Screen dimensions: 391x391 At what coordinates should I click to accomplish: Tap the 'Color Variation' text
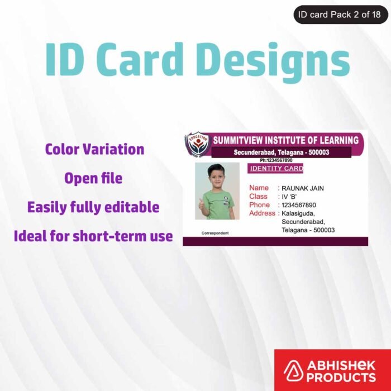pyautogui.click(x=94, y=149)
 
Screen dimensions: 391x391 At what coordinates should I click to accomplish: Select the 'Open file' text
pyautogui.click(x=93, y=178)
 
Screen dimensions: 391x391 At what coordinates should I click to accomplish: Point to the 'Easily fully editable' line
pyautogui.click(x=93, y=207)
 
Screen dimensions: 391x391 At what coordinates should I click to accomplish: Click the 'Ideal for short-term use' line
pyautogui.click(x=93, y=236)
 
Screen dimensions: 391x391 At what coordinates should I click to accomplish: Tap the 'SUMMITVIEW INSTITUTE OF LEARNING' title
pyautogui.click(x=285, y=140)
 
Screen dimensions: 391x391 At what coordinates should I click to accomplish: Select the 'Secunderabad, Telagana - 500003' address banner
pyautogui.click(x=282, y=152)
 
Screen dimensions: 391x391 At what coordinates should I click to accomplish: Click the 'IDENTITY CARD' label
pyautogui.click(x=276, y=169)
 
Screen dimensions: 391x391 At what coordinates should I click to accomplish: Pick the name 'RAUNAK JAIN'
pyautogui.click(x=302, y=188)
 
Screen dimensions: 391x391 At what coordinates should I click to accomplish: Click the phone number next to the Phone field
pyautogui.click(x=299, y=205)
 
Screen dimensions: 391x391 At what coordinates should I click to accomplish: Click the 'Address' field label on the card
pyautogui.click(x=262, y=213)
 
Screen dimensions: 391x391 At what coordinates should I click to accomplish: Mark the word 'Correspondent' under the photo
pyautogui.click(x=214, y=232)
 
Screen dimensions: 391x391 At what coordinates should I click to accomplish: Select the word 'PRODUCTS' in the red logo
pyautogui.click(x=341, y=377)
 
